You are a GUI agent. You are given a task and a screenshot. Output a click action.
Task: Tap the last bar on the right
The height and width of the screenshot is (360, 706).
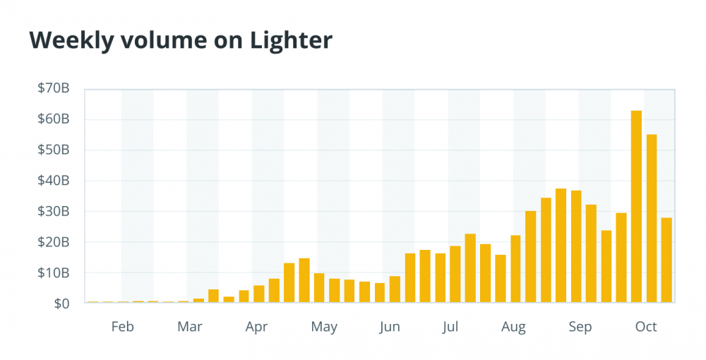[x=666, y=260]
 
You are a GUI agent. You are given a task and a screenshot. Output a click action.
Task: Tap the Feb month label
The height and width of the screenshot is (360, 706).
[x=122, y=327]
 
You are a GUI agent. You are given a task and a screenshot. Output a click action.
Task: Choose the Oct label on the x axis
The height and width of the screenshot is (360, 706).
[x=646, y=327]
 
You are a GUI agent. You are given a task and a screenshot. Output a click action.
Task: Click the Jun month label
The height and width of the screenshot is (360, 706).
[x=389, y=327]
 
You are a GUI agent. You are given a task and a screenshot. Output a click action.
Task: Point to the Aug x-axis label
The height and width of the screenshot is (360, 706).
[x=514, y=327]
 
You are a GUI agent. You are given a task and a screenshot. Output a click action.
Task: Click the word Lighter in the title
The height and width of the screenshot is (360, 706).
[x=291, y=41]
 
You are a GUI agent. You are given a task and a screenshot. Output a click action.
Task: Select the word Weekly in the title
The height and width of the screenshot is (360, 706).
[x=71, y=41]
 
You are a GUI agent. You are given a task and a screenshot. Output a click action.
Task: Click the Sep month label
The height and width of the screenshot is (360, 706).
[x=580, y=327]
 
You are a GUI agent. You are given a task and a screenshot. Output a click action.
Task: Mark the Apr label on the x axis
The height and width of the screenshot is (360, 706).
[x=257, y=327]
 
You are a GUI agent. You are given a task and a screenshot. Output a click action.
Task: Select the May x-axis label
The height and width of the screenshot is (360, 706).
[x=324, y=327]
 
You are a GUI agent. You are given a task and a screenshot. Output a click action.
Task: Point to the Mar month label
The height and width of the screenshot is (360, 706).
[x=189, y=327]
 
